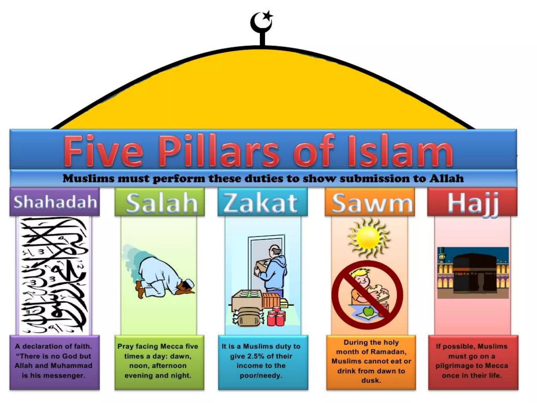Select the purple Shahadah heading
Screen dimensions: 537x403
55,202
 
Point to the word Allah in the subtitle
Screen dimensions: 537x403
446,179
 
